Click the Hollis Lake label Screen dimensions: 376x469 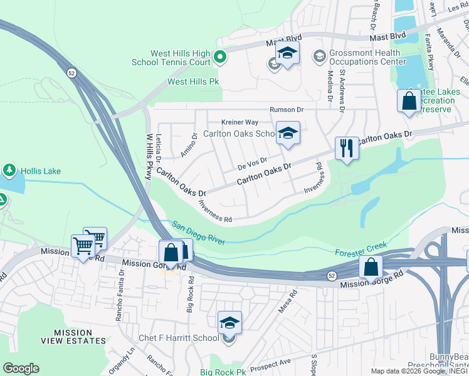click(41, 170)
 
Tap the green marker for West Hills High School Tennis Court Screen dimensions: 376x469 click(219, 58)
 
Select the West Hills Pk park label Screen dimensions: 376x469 click(194, 82)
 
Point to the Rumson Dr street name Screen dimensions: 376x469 click(287, 110)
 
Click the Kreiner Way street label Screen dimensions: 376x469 click(240, 122)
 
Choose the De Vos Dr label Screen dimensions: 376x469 click(253, 164)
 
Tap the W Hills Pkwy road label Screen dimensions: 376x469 click(149, 157)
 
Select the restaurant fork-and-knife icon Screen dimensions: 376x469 click(347, 149)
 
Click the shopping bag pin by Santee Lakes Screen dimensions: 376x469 click(409, 101)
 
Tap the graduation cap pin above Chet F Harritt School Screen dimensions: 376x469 click(229, 323)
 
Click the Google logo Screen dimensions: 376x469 click(21, 368)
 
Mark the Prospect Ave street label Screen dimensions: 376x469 click(276, 362)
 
